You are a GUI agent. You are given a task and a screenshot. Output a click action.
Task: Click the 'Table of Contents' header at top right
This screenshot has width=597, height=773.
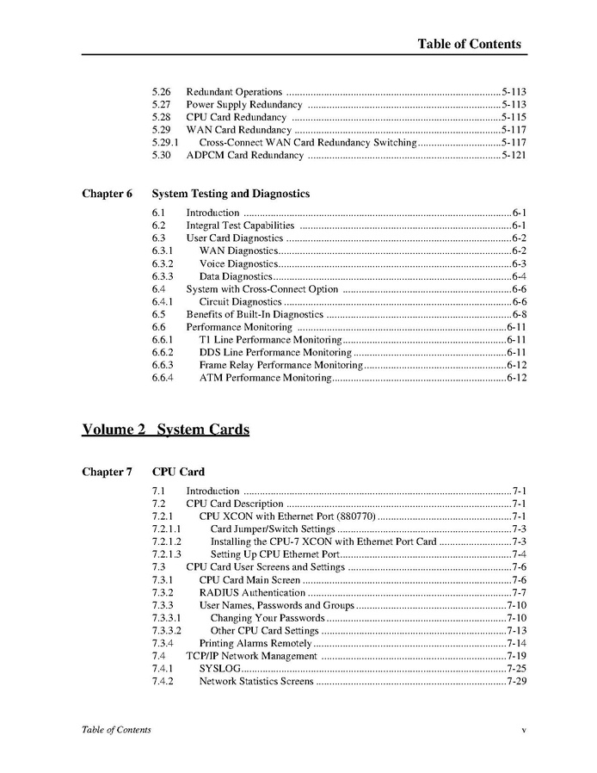pos(469,44)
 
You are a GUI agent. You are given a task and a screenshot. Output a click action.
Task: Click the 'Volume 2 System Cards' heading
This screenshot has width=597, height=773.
pos(165,430)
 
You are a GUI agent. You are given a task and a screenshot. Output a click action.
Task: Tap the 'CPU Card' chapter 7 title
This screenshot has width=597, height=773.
pos(178,472)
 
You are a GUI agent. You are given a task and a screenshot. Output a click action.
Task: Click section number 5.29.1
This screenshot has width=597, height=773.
pos(165,142)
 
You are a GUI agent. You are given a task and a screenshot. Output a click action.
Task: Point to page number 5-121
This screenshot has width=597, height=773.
pos(514,155)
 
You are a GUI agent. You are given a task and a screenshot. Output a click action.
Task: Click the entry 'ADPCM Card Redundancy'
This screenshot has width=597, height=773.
pos(244,155)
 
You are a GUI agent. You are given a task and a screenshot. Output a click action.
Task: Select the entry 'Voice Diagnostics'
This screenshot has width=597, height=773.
pos(238,263)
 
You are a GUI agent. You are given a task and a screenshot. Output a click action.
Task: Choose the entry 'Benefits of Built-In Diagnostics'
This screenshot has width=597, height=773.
pos(255,314)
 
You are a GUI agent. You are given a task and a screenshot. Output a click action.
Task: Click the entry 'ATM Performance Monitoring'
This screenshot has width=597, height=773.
pos(265,378)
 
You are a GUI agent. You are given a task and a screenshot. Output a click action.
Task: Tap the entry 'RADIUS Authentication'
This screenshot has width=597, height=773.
pos(252,592)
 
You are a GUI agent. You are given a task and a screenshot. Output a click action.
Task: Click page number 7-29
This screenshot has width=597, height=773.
pos(516,681)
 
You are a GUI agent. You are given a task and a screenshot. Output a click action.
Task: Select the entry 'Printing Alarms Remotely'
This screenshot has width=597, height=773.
pos(255,643)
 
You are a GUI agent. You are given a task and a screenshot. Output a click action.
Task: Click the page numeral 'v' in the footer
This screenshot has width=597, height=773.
pos(523,730)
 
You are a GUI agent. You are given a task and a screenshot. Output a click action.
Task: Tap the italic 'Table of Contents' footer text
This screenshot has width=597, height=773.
pos(116,730)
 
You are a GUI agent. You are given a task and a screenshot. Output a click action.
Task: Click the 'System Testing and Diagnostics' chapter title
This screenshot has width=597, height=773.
pos(231,194)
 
